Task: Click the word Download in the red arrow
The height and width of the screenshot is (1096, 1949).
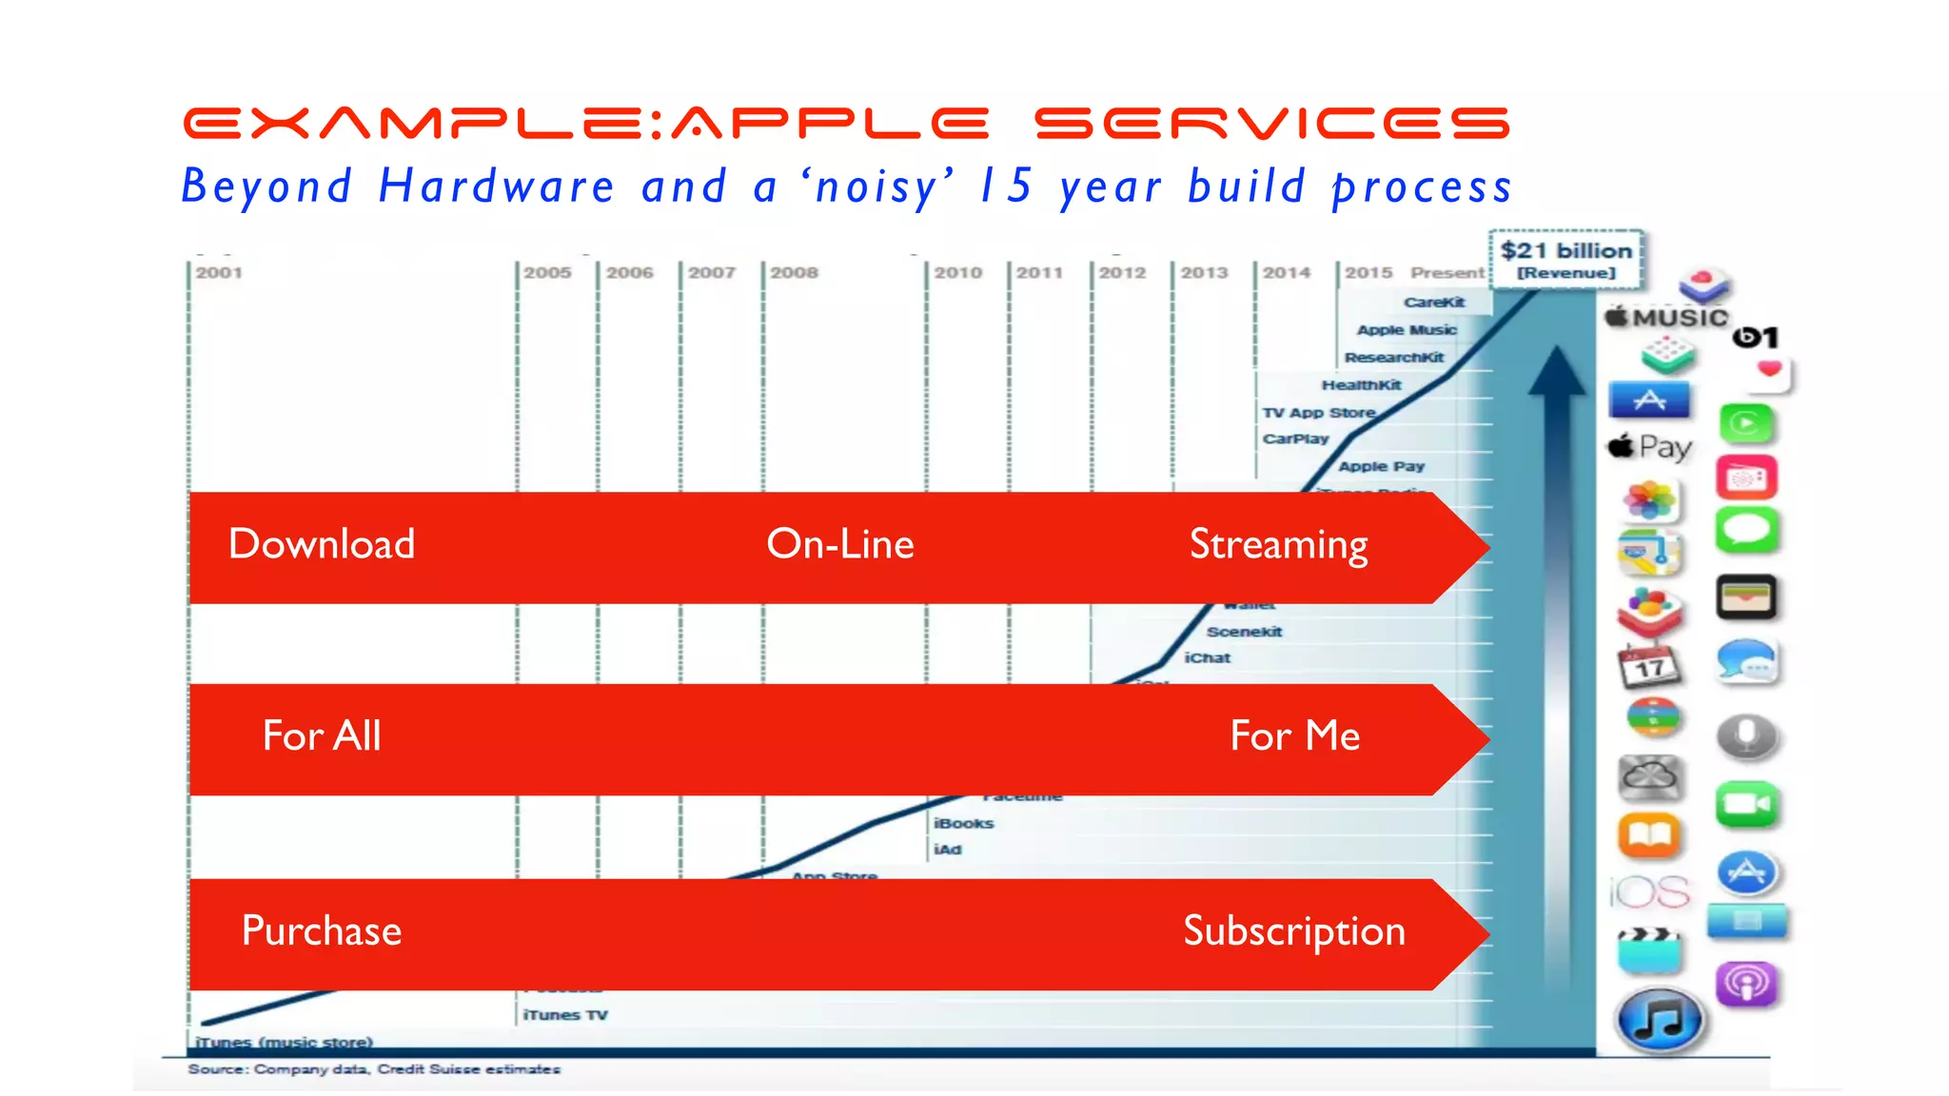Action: click(322, 544)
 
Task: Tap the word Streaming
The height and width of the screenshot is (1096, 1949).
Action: click(1278, 545)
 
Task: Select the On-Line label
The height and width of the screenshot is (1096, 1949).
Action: click(839, 544)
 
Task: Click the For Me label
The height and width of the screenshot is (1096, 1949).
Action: click(1294, 736)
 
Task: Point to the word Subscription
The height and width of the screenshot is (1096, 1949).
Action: click(1293, 930)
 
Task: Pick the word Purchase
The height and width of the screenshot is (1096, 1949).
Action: click(322, 930)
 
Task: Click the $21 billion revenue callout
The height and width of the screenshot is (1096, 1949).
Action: click(1565, 259)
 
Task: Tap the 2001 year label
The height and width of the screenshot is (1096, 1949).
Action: click(219, 273)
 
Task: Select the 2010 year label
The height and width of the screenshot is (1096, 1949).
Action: click(957, 273)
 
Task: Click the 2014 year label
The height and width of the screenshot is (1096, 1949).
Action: click(1287, 273)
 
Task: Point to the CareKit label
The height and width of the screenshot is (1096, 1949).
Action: click(1434, 303)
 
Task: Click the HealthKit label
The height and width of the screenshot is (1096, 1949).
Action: click(1361, 385)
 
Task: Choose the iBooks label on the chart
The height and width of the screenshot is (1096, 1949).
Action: click(963, 824)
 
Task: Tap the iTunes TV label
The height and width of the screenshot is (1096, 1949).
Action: click(565, 1015)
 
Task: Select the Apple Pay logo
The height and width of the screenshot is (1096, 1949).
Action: click(1650, 446)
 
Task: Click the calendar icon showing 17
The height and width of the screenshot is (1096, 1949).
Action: click(1649, 666)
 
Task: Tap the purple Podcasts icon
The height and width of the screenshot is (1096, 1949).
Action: click(1746, 984)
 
